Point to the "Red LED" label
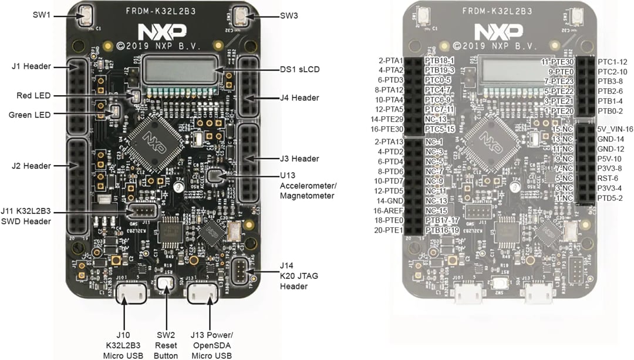pyautogui.click(x=34, y=95)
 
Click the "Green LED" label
pyautogui.click(x=29, y=115)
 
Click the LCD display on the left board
pyautogui.click(x=180, y=69)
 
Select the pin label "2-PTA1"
pyautogui.click(x=391, y=60)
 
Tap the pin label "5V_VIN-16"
pyautogui.click(x=615, y=129)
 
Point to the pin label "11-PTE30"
pyautogui.click(x=557, y=61)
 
